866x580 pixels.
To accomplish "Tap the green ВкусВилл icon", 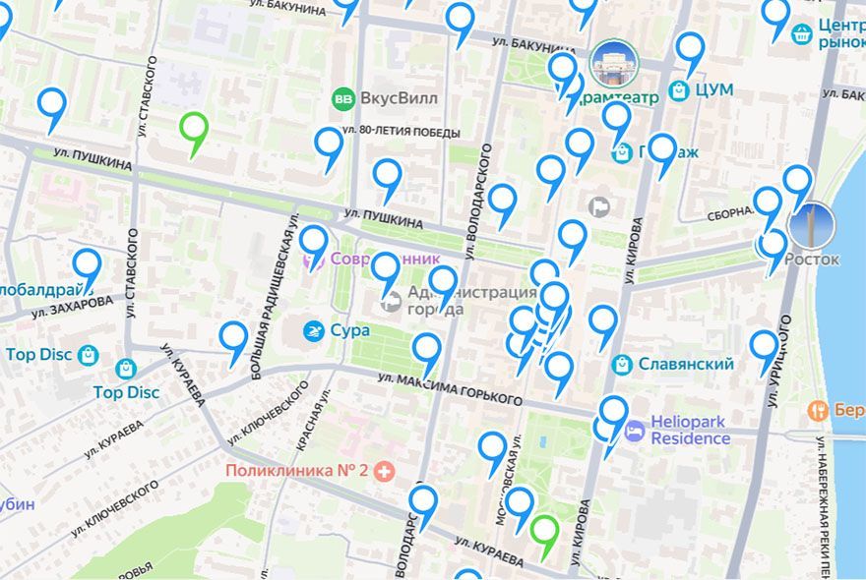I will pyautogui.click(x=343, y=98).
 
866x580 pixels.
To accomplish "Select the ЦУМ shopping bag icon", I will pyautogui.click(x=678, y=90).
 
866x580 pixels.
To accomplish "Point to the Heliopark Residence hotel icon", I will pyautogui.click(x=636, y=430).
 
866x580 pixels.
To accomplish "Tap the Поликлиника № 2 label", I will pyautogui.click(x=296, y=470).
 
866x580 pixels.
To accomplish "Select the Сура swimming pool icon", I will pyautogui.click(x=314, y=330).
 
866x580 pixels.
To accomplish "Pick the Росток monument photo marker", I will pyautogui.click(x=810, y=225).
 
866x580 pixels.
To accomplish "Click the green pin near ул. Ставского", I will pyautogui.click(x=195, y=131).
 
